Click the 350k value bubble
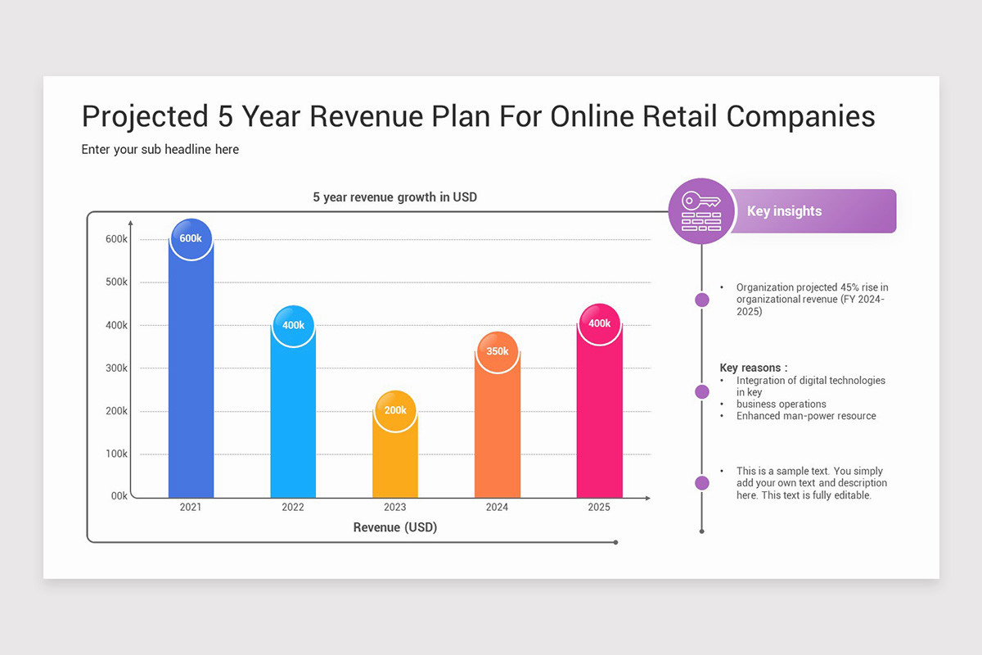[x=498, y=351]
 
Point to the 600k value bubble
[x=191, y=238]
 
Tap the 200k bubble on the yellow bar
[x=395, y=409]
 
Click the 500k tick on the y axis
[x=117, y=282]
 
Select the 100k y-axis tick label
[x=117, y=454]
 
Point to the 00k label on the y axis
[x=119, y=496]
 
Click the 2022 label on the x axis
[x=293, y=508]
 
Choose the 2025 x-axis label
[x=599, y=508]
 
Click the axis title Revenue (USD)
[x=395, y=528]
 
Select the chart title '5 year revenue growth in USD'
[x=394, y=197]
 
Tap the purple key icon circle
[x=701, y=211]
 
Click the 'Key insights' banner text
[x=784, y=211]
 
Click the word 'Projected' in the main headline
[x=145, y=116]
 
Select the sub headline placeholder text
[x=160, y=150]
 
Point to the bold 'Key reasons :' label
[x=754, y=368]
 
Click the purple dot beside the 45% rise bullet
[x=702, y=300]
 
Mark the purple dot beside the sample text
[x=702, y=483]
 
